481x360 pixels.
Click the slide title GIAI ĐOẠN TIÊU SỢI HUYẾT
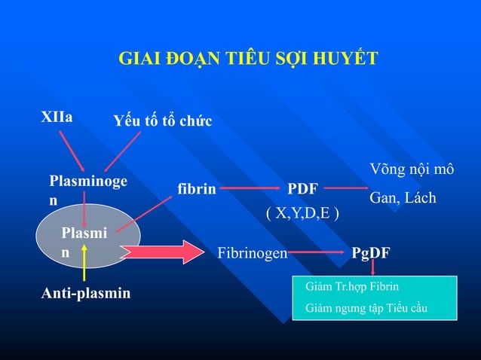click(248, 59)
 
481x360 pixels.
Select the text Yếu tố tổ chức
click(162, 121)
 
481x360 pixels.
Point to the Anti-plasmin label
click(85, 292)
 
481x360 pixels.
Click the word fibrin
click(196, 189)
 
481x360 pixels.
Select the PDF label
click(302, 188)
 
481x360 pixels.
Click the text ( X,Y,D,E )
click(302, 213)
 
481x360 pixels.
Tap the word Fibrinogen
click(252, 252)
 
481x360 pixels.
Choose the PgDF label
click(370, 252)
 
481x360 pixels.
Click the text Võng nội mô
click(411, 169)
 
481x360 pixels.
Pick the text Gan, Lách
click(402, 197)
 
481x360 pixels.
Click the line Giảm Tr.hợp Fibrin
click(352, 287)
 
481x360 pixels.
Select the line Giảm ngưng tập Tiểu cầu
click(366, 307)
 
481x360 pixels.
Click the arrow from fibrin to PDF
click(248, 189)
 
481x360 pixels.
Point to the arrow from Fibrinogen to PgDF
click(319, 252)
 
